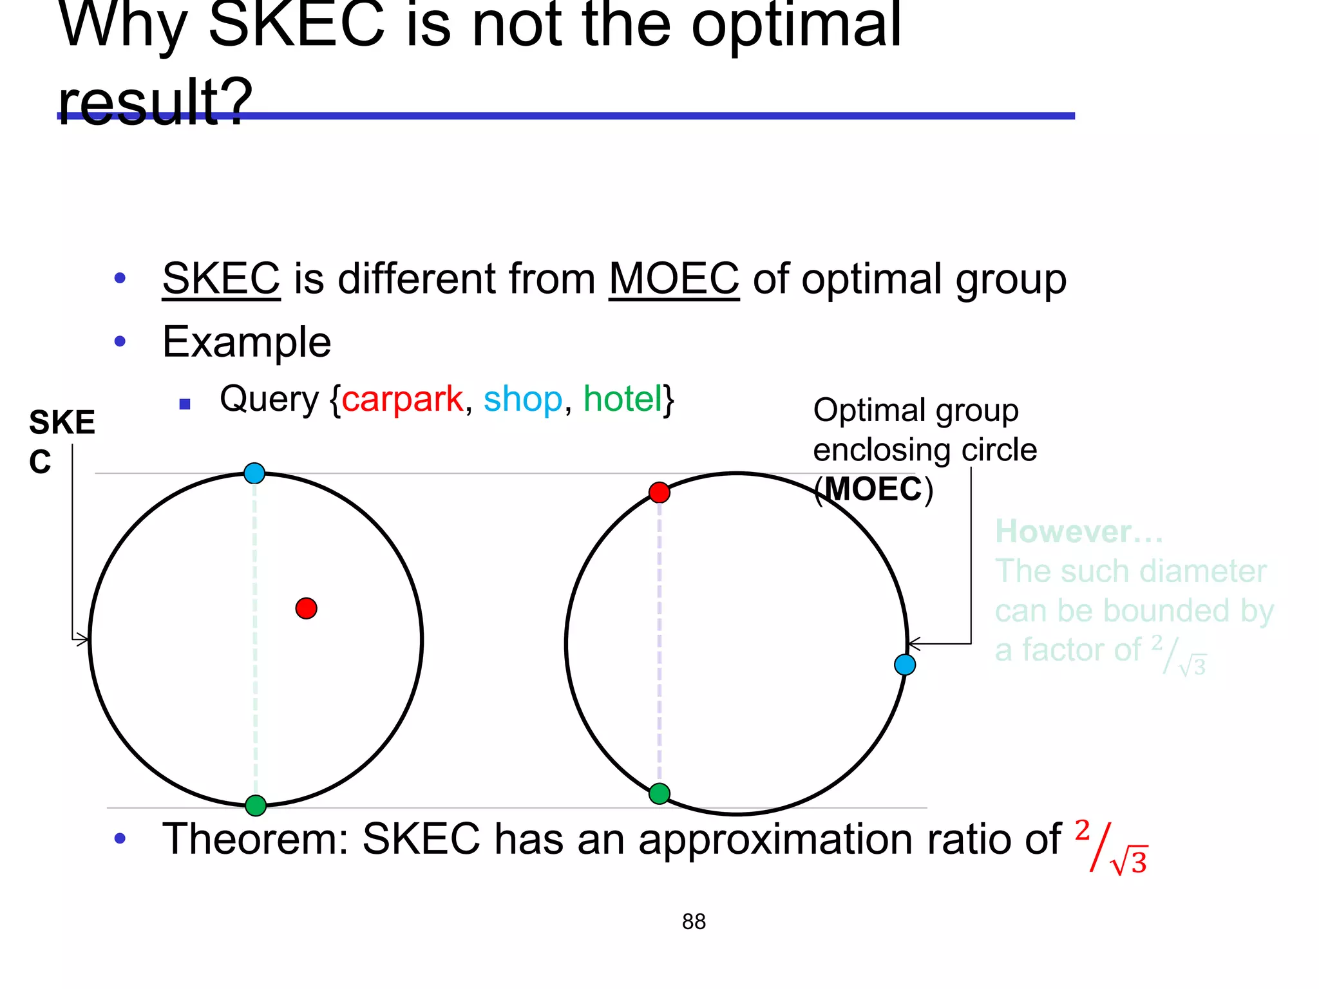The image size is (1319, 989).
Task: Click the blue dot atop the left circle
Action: pyautogui.click(x=254, y=473)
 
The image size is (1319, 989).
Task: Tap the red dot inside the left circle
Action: pyautogui.click(x=306, y=608)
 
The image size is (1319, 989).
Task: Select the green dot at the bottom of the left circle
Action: pyautogui.click(x=256, y=805)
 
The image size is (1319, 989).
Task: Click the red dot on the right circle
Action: pyautogui.click(x=659, y=493)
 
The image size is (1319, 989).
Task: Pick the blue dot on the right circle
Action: pyautogui.click(x=905, y=664)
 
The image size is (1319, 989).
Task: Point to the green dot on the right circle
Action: pyautogui.click(x=659, y=793)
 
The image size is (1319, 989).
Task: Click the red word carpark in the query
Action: pyautogui.click(x=402, y=399)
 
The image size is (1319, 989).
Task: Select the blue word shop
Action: pyautogui.click(x=522, y=399)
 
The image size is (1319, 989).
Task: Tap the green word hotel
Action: pyautogui.click(x=622, y=399)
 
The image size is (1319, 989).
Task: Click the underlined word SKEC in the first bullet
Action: pyautogui.click(x=221, y=279)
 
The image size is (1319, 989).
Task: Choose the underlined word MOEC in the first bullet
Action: pyautogui.click(x=674, y=279)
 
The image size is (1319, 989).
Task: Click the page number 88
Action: pyautogui.click(x=694, y=921)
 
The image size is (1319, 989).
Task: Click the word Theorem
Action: pyautogui.click(x=254, y=839)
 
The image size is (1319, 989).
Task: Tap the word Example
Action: pyautogui.click(x=247, y=342)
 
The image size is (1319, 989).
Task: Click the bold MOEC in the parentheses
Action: pyautogui.click(x=874, y=489)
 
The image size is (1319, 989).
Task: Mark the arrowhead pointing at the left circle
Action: pyautogui.click(x=83, y=639)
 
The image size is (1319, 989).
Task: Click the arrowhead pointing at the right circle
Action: pyautogui.click(x=913, y=643)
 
